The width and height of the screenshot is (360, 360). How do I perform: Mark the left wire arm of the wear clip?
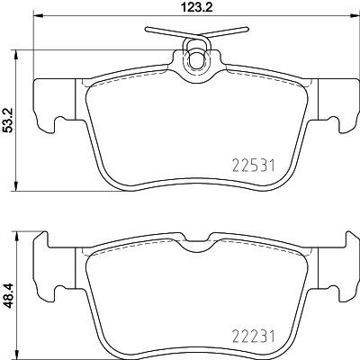tap(167, 32)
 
